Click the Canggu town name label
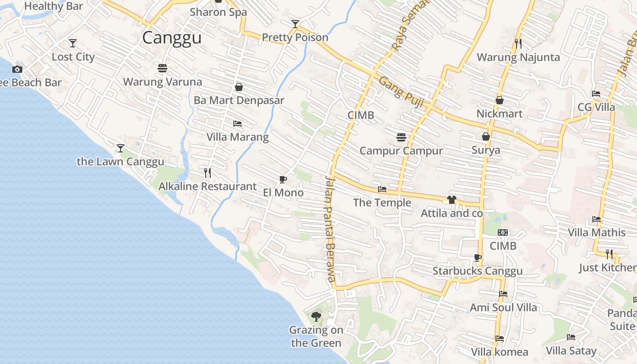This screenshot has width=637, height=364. tap(172, 37)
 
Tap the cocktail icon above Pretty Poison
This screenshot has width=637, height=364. tap(295, 24)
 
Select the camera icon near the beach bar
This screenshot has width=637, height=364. tap(17, 69)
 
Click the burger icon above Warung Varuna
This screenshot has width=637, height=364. tap(162, 68)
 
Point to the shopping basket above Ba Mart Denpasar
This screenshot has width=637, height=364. tap(239, 86)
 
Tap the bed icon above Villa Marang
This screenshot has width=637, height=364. tap(238, 123)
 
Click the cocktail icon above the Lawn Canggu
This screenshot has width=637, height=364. tap(121, 148)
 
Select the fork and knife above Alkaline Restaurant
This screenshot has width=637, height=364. tap(207, 172)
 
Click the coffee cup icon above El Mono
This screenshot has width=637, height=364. tap(283, 179)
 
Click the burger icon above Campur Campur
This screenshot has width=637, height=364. tap(401, 137)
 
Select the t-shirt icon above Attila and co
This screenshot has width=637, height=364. tap(451, 199)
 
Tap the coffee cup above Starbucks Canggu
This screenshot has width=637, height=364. tap(477, 258)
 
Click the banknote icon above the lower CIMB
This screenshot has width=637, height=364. tap(503, 233)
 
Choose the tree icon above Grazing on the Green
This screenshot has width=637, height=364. tap(316, 316)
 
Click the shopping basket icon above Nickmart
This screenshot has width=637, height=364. tap(500, 100)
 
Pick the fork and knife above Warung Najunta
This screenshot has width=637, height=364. tap(518, 44)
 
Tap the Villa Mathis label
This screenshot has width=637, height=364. tap(597, 233)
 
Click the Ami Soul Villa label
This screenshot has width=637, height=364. tap(503, 308)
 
